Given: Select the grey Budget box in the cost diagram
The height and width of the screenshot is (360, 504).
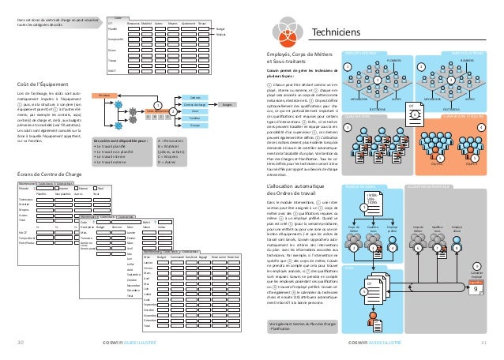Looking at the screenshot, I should click(227, 104).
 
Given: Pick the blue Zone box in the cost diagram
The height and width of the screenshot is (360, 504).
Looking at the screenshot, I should click(194, 111).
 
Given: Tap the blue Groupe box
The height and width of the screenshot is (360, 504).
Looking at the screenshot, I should click(194, 126).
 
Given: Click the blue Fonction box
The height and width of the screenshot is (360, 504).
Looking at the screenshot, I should click(194, 118).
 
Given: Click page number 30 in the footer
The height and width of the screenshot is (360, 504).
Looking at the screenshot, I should click(21, 343).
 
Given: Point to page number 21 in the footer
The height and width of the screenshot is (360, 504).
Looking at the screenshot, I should click(484, 343).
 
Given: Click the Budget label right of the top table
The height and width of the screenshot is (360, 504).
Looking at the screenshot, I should click(220, 26).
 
